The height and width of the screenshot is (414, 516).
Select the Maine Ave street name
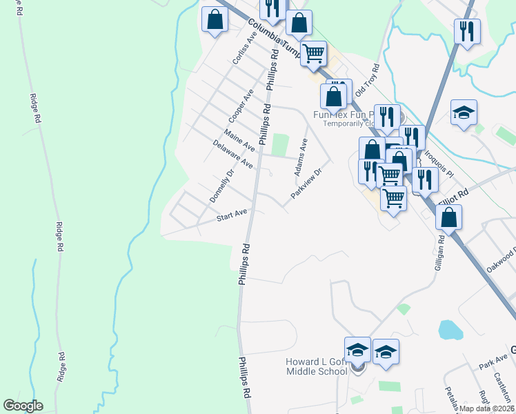coord(239,137)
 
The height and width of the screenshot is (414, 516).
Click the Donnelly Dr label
coord(222,185)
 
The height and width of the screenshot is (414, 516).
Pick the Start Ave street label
coord(231,217)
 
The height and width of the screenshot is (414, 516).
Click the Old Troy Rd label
coord(368,80)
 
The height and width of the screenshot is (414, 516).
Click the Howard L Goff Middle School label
coord(317,367)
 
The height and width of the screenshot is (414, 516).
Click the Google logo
coord(23,406)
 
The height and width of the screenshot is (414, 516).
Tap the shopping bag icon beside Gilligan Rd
coord(448,217)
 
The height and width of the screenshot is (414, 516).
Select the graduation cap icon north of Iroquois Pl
coord(464,112)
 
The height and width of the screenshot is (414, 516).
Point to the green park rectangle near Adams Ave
coord(279,145)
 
